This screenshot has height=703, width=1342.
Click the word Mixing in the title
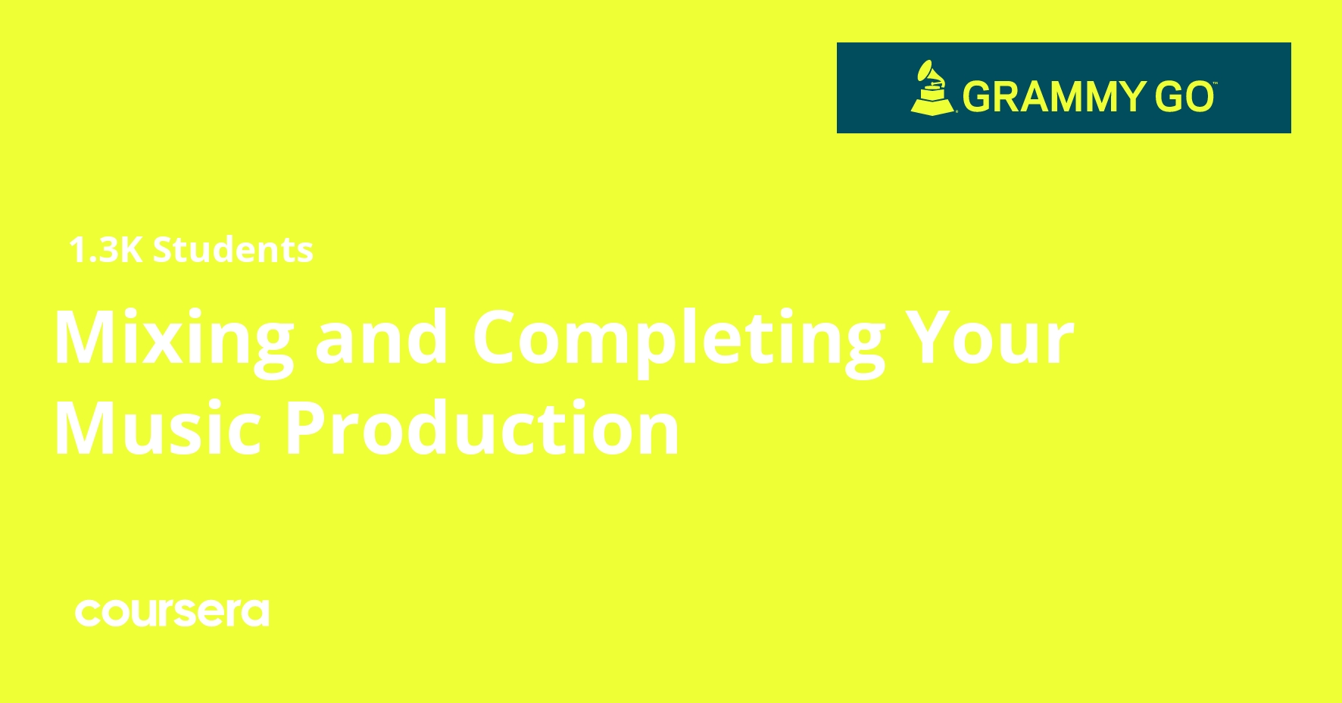pyautogui.click(x=173, y=339)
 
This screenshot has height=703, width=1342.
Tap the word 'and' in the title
pyautogui.click(x=382, y=338)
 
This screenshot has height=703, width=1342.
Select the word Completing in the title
pyautogui.click(x=679, y=339)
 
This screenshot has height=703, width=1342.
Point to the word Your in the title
pyautogui.click(x=991, y=338)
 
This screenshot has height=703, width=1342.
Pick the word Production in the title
pyautogui.click(x=482, y=429)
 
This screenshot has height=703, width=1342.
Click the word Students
pyautogui.click(x=233, y=250)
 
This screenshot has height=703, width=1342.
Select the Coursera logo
pyautogui.click(x=172, y=613)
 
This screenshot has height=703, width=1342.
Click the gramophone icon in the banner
pyautogui.click(x=932, y=88)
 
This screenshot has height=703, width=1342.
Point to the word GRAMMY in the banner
pyautogui.click(x=1054, y=97)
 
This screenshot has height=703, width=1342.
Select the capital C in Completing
pyautogui.click(x=500, y=338)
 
